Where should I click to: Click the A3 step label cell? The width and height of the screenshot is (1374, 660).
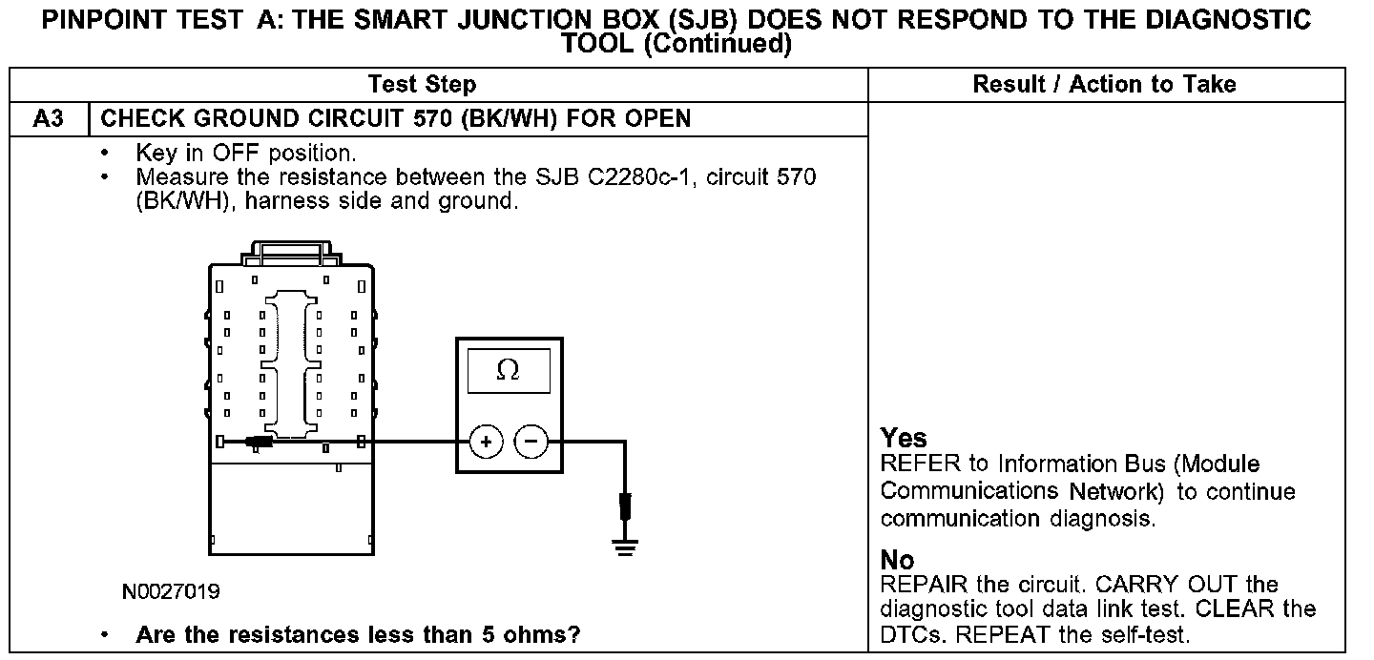[48, 119]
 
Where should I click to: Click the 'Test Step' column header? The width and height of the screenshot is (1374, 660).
[422, 85]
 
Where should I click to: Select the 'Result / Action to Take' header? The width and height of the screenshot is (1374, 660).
[1104, 85]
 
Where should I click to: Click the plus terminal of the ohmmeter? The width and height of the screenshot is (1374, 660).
[486, 442]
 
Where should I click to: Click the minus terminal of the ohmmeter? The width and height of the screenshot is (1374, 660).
[531, 442]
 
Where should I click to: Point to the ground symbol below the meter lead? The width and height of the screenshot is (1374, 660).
[625, 547]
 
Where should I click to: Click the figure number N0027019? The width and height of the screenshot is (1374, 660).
[171, 592]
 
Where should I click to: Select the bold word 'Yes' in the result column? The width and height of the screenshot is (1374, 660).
[904, 439]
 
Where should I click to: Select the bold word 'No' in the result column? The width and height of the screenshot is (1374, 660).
[897, 561]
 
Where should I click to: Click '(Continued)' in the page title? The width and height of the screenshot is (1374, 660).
[718, 43]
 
